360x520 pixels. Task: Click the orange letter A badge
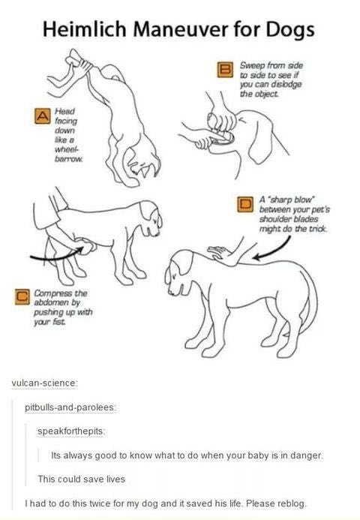tap(43, 116)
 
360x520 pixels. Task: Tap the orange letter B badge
tap(225, 70)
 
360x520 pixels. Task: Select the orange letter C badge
tap(22, 296)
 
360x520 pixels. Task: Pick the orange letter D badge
tap(246, 204)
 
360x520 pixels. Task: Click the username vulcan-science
tap(44, 383)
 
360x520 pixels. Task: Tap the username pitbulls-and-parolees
tap(70, 407)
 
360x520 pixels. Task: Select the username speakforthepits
tap(71, 431)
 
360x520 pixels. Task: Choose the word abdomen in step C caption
tap(52, 302)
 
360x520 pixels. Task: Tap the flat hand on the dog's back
tap(220, 254)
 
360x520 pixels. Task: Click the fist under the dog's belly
tap(87, 246)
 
